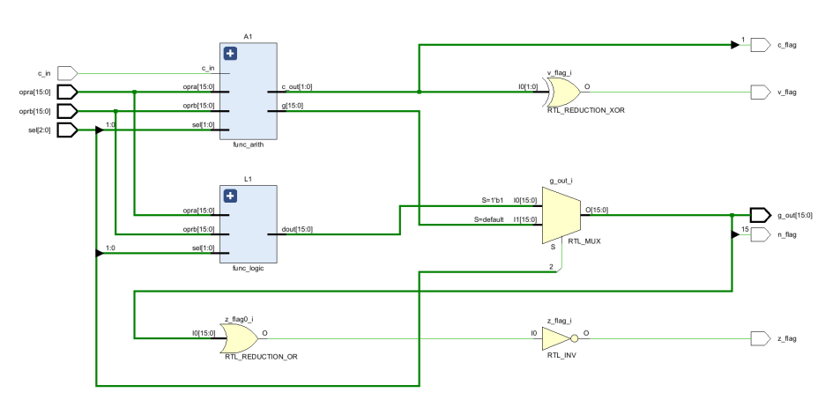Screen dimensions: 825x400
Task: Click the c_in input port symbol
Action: (67, 72)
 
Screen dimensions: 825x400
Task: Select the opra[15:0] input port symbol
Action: (67, 92)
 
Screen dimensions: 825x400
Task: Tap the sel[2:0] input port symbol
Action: (67, 130)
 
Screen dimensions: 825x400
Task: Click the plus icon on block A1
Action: (230, 54)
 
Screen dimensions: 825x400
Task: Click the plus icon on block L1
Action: (230, 196)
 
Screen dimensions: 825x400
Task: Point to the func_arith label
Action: (248, 145)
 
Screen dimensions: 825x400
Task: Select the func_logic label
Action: (248, 268)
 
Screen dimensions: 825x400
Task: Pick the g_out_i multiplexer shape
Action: (561, 215)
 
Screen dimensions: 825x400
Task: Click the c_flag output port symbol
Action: (761, 45)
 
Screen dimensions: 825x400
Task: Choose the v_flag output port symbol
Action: (761, 92)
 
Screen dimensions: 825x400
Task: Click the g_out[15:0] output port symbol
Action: (761, 215)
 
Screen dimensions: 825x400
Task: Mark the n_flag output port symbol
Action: (761, 235)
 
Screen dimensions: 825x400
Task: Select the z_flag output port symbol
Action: (761, 338)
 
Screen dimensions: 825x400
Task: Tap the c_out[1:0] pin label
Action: (297, 86)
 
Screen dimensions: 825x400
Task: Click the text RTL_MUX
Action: (584, 241)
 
